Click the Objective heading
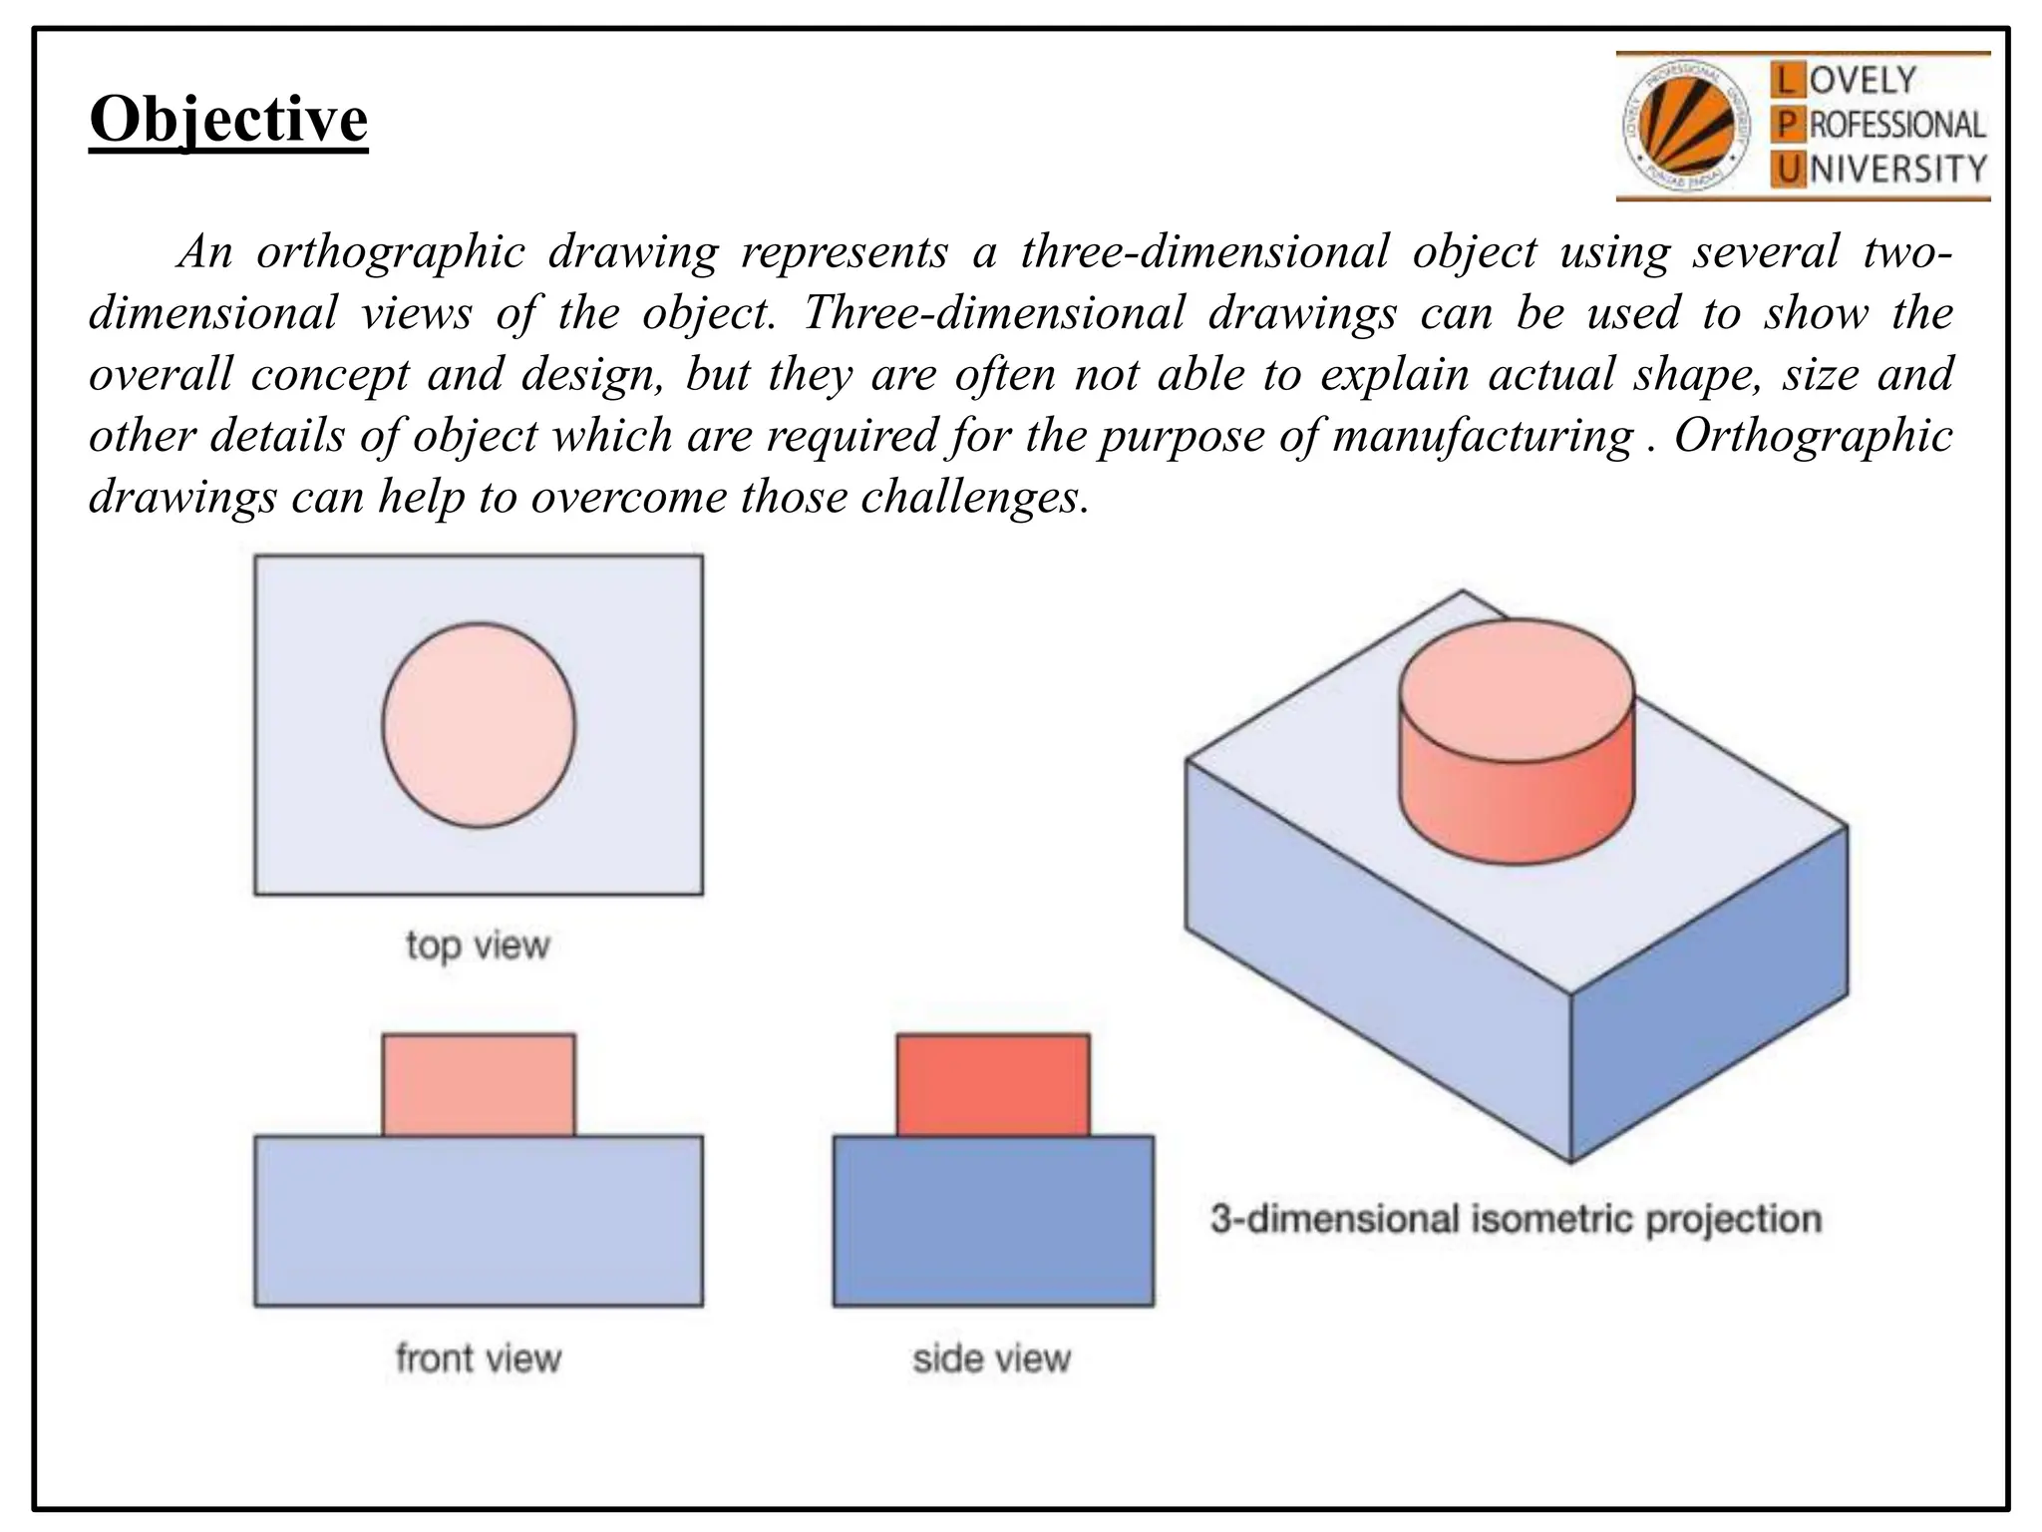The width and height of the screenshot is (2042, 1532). (228, 120)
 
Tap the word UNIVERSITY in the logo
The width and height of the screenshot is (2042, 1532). (1879, 169)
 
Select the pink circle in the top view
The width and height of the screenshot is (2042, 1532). (479, 725)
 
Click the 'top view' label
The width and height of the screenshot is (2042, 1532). (478, 945)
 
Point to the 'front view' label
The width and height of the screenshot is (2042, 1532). (479, 1358)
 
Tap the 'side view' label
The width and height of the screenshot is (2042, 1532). (992, 1358)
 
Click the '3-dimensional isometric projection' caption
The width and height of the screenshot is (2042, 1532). (1516, 1219)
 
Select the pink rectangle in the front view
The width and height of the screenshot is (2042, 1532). (479, 1085)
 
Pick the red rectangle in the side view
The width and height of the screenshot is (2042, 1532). (993, 1085)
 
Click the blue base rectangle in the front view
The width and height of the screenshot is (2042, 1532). (479, 1221)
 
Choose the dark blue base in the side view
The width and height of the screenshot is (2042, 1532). (993, 1221)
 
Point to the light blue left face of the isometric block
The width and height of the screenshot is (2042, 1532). (1376, 957)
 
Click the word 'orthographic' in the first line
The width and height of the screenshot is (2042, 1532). (390, 252)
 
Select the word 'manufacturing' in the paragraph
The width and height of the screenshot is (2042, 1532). (1483, 436)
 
